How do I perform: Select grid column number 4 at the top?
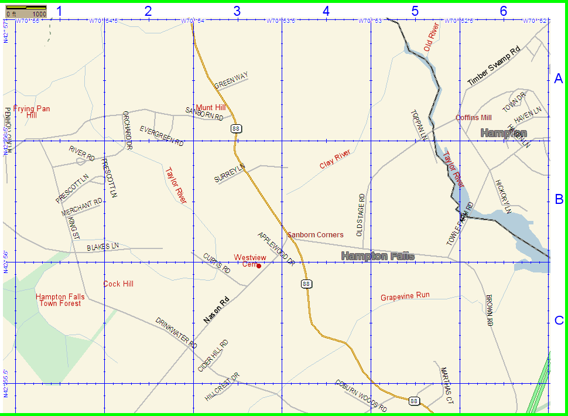click(326, 11)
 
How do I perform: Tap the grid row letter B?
click(559, 199)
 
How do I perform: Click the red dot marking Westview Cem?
click(258, 265)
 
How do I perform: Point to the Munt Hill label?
click(211, 107)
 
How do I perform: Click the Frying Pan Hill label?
click(32, 112)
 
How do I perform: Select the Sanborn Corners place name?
click(315, 235)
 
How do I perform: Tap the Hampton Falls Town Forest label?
click(60, 300)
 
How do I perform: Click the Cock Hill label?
click(118, 284)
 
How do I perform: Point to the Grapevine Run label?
click(405, 296)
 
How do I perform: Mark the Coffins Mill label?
click(474, 118)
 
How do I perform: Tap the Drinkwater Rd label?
click(176, 333)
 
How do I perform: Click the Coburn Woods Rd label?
click(361, 395)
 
